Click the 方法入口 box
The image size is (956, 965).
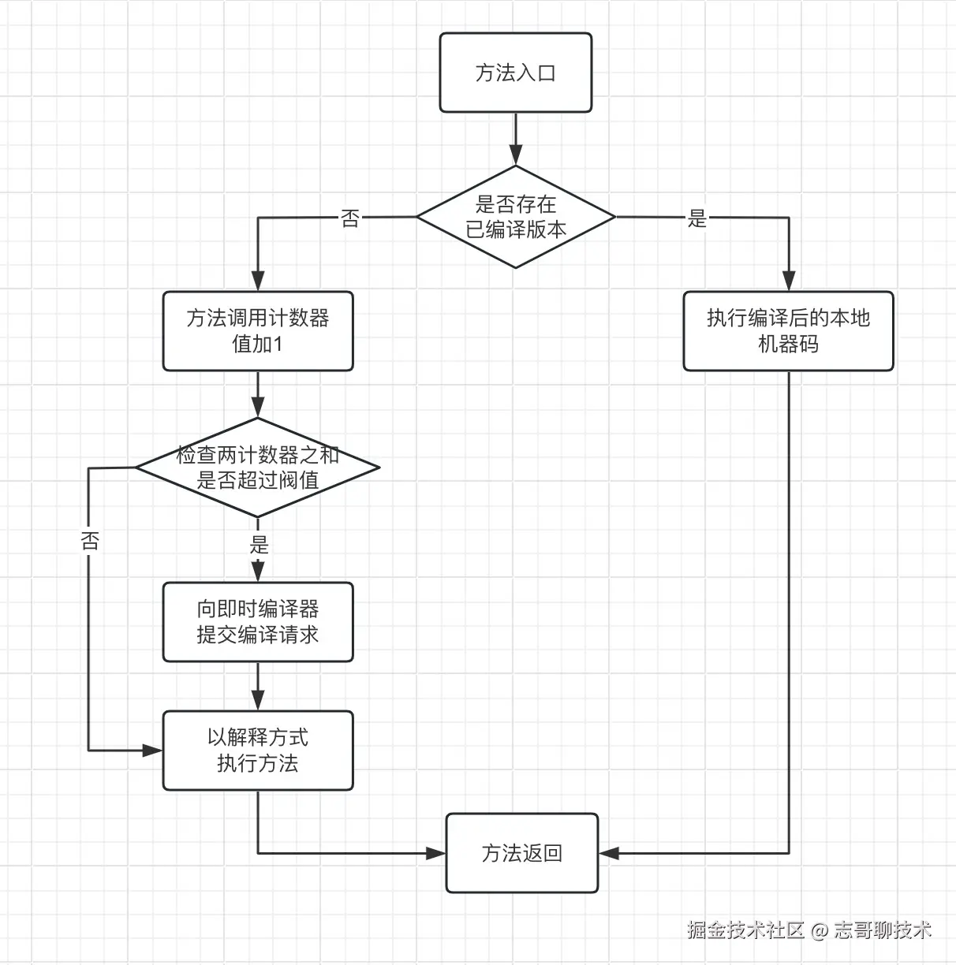(x=515, y=73)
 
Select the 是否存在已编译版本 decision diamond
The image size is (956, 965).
(x=515, y=217)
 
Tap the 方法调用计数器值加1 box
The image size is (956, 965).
(x=258, y=331)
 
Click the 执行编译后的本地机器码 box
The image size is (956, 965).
(x=788, y=331)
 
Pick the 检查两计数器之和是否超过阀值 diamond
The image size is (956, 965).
(x=258, y=468)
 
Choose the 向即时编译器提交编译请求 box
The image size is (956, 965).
(x=258, y=622)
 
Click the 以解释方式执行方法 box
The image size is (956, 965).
(x=258, y=751)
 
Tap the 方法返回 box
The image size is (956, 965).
(x=522, y=853)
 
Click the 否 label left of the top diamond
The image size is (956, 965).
(x=350, y=218)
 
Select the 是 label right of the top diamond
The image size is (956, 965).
(x=697, y=218)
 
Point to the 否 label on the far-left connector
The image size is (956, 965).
(x=90, y=541)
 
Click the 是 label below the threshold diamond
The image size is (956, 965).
(x=259, y=544)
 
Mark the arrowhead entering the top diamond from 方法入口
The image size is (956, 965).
(x=516, y=155)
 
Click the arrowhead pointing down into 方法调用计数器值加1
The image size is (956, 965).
(x=258, y=281)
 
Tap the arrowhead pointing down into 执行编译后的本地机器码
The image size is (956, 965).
(x=789, y=281)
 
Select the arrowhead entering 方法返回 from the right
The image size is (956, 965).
(x=609, y=853)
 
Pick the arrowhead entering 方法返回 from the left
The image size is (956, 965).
(x=435, y=853)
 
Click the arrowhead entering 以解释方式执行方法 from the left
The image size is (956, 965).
(x=152, y=751)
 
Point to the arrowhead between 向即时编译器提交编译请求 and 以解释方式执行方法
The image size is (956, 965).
(x=258, y=700)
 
